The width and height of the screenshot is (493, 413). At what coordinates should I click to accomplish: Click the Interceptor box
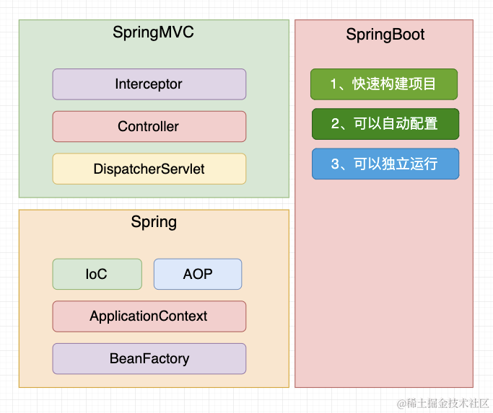point(149,84)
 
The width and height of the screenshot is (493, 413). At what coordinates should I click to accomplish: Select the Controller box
point(149,127)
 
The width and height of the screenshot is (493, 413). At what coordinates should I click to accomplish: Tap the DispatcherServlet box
point(149,169)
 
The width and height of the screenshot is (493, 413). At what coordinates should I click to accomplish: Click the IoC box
point(97,275)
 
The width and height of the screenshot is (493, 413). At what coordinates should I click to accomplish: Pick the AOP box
point(198,275)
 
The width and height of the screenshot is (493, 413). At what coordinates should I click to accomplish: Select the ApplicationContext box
point(149,316)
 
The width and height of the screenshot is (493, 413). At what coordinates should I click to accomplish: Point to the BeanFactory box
point(149,358)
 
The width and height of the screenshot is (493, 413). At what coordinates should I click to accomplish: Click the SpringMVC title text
point(153,32)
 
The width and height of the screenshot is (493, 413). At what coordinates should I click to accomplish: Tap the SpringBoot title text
point(385,35)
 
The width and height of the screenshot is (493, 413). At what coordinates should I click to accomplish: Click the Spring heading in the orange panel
point(154,222)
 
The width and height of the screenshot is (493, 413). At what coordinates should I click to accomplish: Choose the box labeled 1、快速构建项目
point(384,84)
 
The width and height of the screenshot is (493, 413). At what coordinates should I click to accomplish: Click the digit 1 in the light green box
point(333,84)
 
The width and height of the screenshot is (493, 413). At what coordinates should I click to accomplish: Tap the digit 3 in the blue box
point(335,164)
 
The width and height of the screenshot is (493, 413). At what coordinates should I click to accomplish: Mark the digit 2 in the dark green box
point(335,123)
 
